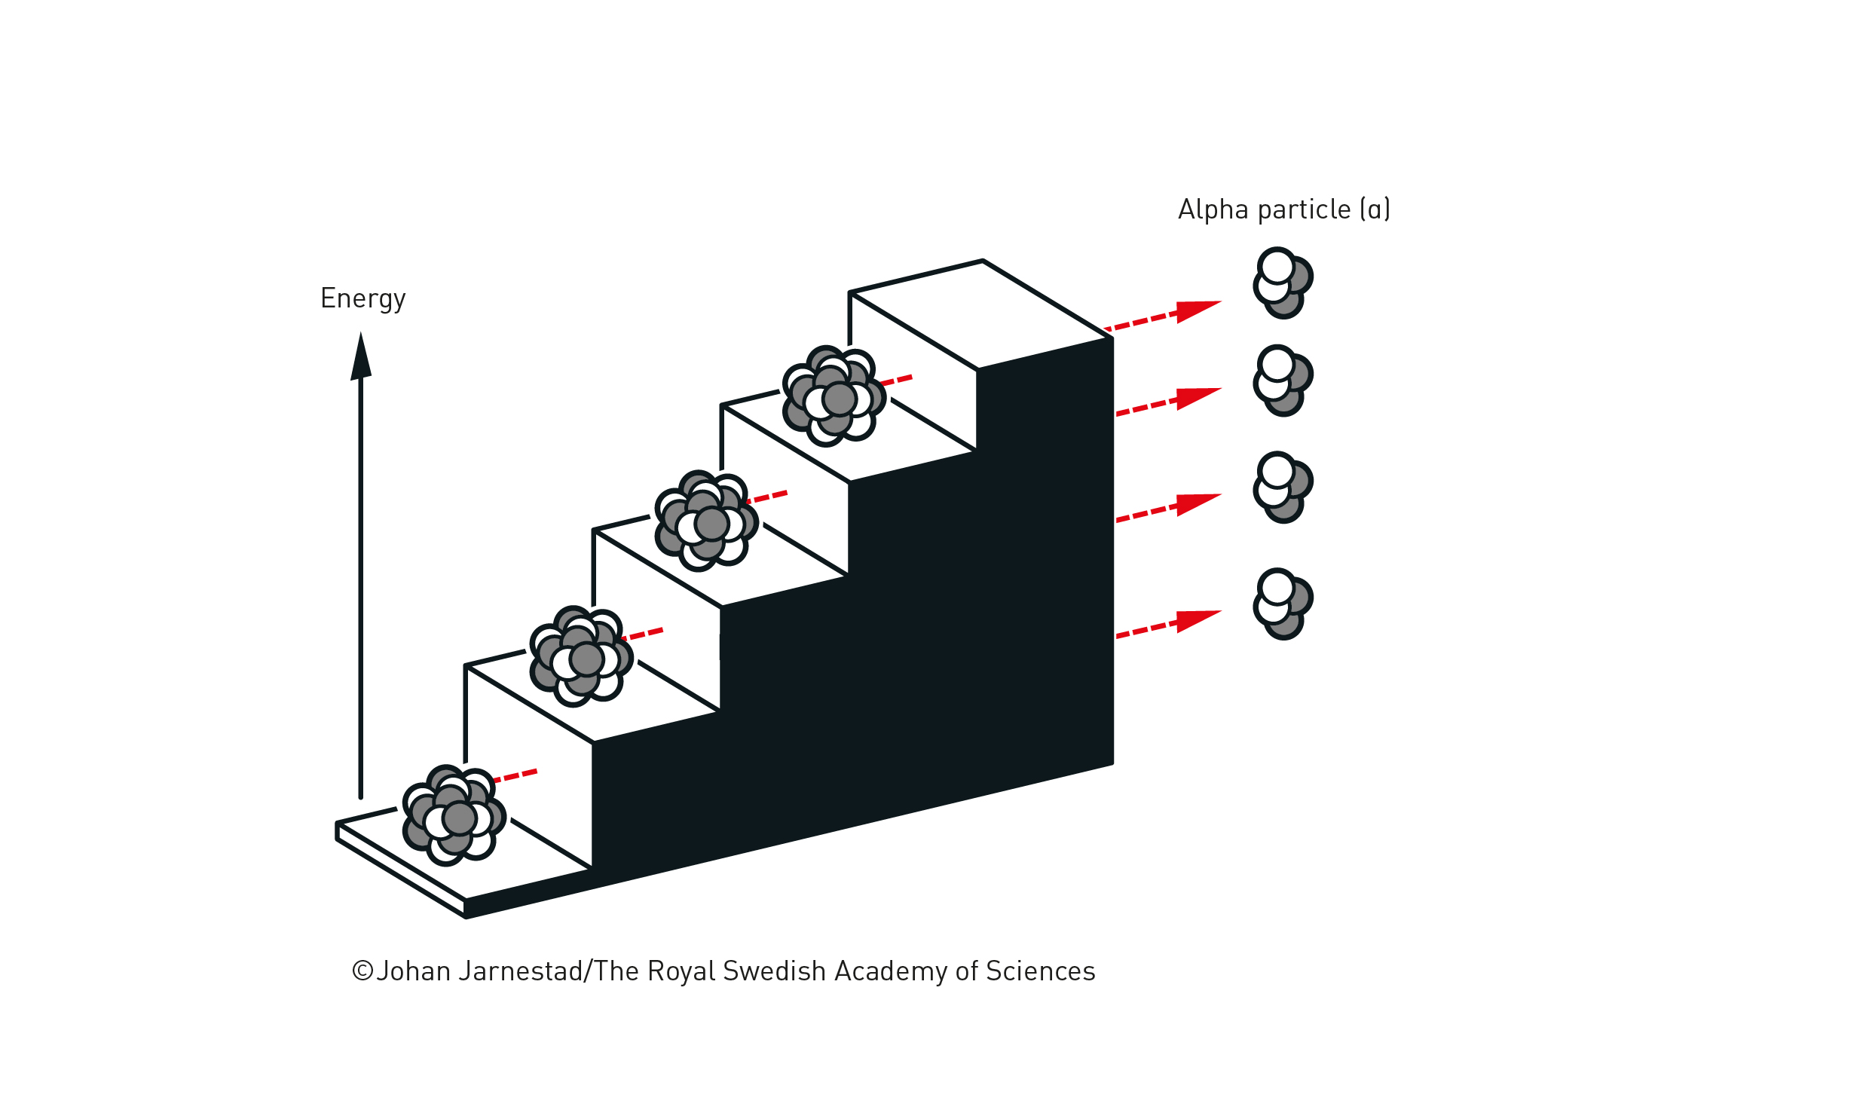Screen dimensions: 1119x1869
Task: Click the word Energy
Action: pyautogui.click(x=362, y=298)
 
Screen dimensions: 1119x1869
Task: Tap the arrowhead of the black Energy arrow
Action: pyautogui.click(x=361, y=357)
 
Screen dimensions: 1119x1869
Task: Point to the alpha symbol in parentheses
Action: pyautogui.click(x=1375, y=209)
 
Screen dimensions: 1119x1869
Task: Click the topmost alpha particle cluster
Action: pyautogui.click(x=1283, y=283)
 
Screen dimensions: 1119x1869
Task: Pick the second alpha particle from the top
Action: pyautogui.click(x=1283, y=381)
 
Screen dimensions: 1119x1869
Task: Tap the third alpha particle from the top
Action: pyautogui.click(x=1283, y=487)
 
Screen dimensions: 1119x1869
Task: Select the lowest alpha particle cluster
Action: pyautogui.click(x=1283, y=604)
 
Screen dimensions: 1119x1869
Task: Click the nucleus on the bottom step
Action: pyautogui.click(x=454, y=816)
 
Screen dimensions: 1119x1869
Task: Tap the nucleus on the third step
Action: pyautogui.click(x=706, y=521)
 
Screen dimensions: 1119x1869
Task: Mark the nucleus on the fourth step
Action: pyautogui.click(x=833, y=396)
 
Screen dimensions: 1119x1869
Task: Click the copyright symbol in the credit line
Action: pyautogui.click(x=362, y=971)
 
